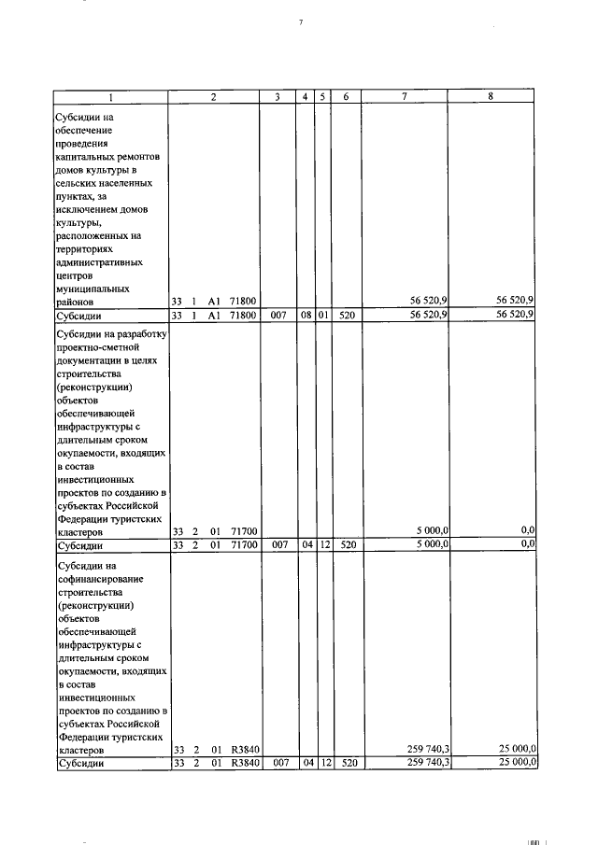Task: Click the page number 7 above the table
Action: coord(301,21)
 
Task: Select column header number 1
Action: coord(110,96)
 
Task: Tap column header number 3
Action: coord(278,96)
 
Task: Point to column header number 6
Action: coord(346,96)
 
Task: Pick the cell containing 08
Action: coord(306,316)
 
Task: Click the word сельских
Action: coord(78,186)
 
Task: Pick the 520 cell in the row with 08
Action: coord(346,316)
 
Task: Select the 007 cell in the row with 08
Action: coord(278,316)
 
